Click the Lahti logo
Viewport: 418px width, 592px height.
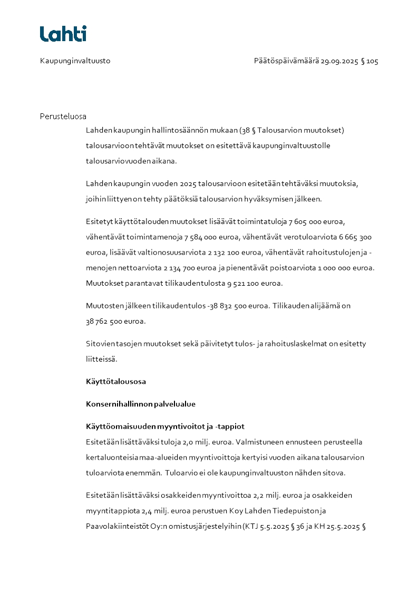63,34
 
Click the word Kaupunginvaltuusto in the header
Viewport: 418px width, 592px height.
75,61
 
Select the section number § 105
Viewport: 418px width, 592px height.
370,61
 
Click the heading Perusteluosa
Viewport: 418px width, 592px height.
63,117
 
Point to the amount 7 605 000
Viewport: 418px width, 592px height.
305,221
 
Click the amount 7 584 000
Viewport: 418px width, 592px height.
199,237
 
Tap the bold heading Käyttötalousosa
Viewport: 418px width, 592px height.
116,381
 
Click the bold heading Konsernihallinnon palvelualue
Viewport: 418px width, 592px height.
141,404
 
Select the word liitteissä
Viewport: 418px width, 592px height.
101,360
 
